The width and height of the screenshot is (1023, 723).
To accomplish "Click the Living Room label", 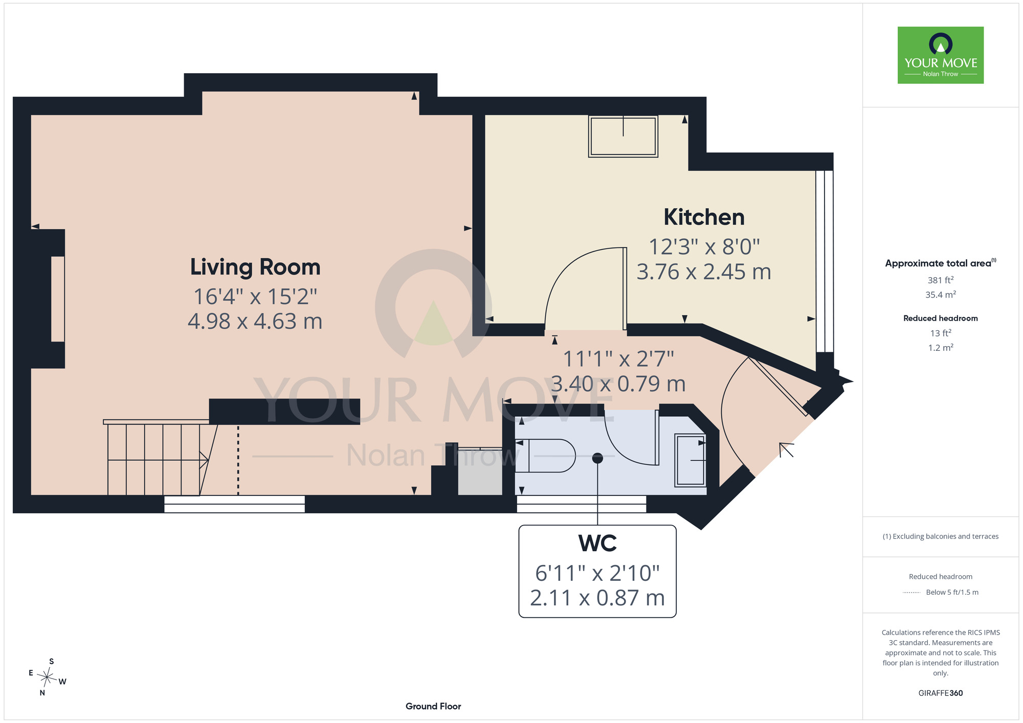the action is pyautogui.click(x=255, y=267).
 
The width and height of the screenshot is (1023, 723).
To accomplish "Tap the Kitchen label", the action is pyautogui.click(x=704, y=217).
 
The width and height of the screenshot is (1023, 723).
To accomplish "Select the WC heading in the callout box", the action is pyautogui.click(x=597, y=543).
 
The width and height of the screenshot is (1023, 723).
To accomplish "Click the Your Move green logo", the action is pyautogui.click(x=941, y=55).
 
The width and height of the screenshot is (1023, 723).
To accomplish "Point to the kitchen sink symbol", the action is pyautogui.click(x=623, y=136).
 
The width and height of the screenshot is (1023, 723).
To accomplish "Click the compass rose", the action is pyautogui.click(x=47, y=677).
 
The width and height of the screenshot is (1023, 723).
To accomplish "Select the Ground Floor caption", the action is pyautogui.click(x=433, y=706).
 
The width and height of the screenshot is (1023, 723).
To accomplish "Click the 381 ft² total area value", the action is pyautogui.click(x=941, y=280).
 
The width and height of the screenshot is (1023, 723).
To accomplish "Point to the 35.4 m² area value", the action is pyautogui.click(x=941, y=295).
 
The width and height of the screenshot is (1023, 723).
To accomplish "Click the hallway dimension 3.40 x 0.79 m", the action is pyautogui.click(x=618, y=383).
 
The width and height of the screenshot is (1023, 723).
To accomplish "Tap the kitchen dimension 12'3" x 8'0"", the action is pyautogui.click(x=704, y=247).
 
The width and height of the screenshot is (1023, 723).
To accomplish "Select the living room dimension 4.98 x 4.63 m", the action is pyautogui.click(x=255, y=321).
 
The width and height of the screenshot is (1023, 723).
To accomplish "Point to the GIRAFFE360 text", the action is pyautogui.click(x=941, y=693).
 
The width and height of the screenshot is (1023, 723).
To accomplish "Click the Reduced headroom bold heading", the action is pyautogui.click(x=941, y=318).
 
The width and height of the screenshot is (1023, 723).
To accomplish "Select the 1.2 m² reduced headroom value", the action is pyautogui.click(x=941, y=348).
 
